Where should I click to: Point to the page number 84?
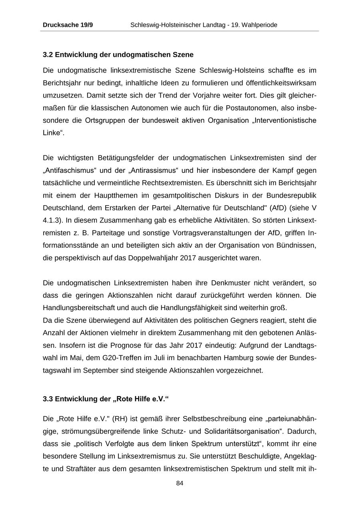pyautogui.click(x=180, y=483)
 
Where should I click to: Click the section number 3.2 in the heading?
pyautogui.click(x=48, y=54)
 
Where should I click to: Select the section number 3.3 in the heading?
pyautogui.click(x=48, y=399)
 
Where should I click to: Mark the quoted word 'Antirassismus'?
pyautogui.click(x=154, y=170)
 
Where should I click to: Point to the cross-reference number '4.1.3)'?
pyautogui.click(x=52, y=220)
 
